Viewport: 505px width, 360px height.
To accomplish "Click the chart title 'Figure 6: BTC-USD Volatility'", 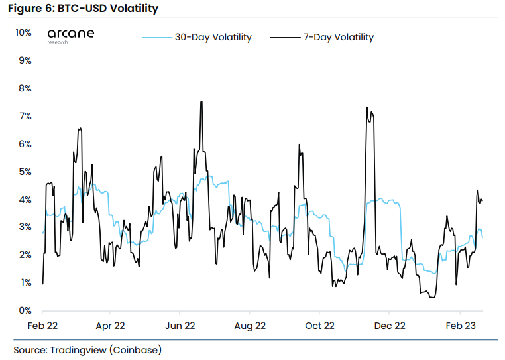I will (x=84, y=9).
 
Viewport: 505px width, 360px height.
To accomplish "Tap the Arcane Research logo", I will (x=71, y=35).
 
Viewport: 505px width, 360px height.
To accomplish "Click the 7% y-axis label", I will (x=25, y=116).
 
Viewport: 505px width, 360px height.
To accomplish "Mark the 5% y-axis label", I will (x=25, y=172).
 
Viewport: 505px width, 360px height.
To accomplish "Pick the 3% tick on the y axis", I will (x=25, y=227).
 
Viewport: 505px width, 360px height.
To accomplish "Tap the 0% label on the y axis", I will (x=25, y=310).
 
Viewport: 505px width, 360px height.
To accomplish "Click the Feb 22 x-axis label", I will (x=42, y=326).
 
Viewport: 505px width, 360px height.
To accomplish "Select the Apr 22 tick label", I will (x=110, y=326).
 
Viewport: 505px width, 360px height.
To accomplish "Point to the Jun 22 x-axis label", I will (x=180, y=326).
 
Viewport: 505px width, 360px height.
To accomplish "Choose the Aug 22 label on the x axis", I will (x=250, y=326).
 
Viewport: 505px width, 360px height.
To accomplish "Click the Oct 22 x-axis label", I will (x=319, y=326).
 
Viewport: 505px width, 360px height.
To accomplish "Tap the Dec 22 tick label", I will (x=389, y=326).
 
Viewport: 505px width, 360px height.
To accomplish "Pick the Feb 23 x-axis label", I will (x=460, y=326).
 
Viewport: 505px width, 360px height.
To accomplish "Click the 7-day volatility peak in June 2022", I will (x=201, y=102).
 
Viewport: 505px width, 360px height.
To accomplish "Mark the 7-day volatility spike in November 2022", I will (x=366, y=107).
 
